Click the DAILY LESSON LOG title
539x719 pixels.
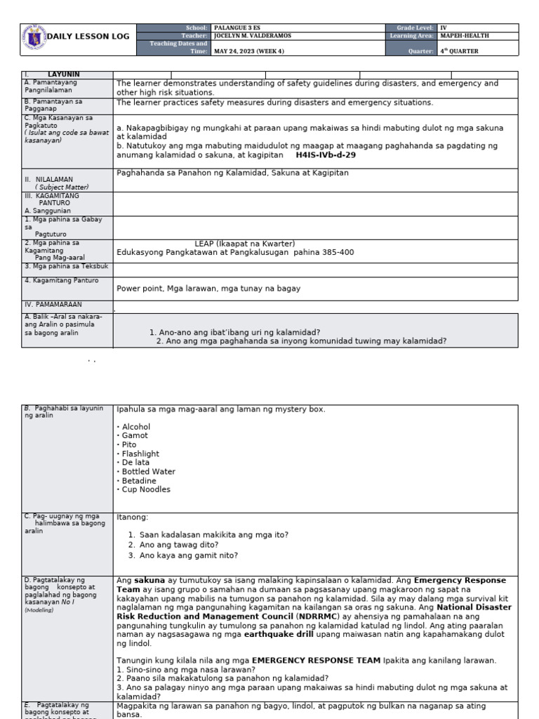87,36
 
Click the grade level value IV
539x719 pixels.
443,27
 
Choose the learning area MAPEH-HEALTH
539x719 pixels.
465,35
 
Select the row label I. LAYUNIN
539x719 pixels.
63,74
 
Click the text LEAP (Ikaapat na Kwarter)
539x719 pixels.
245,244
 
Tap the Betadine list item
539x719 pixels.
141,480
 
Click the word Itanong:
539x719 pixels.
133,517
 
